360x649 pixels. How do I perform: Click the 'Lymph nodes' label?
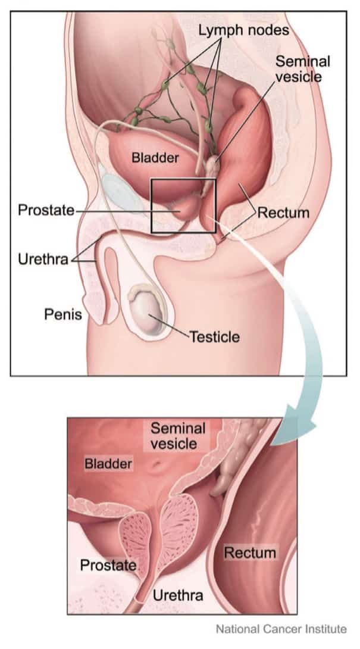(244, 30)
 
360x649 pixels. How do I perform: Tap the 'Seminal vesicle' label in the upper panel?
(302, 68)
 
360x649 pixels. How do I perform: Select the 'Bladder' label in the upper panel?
(155, 158)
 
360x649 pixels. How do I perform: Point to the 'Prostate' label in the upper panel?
(46, 210)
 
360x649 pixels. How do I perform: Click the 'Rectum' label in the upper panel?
(283, 213)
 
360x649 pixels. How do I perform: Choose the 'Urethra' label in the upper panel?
(43, 260)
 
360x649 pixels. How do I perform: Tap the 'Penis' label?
(63, 314)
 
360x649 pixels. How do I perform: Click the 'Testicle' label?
(215, 336)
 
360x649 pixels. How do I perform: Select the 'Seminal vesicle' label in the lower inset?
(178, 436)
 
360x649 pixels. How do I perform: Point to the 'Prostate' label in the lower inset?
(108, 565)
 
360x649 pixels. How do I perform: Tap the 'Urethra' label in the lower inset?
(178, 595)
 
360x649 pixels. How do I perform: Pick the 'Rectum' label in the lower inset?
(250, 553)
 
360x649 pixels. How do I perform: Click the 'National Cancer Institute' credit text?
(281, 629)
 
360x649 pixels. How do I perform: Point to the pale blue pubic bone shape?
(120, 191)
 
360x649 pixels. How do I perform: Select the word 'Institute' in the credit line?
(326, 629)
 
